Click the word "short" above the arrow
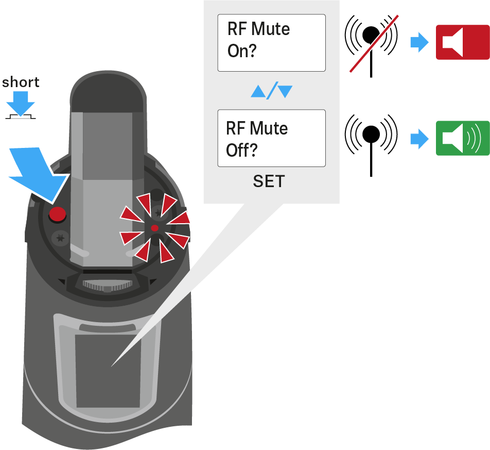click(21, 82)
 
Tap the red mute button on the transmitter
click(57, 213)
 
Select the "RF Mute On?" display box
click(271, 43)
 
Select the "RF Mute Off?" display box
click(271, 138)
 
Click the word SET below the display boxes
click(269, 182)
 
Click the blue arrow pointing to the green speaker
click(419, 139)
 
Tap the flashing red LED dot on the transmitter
click(154, 227)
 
